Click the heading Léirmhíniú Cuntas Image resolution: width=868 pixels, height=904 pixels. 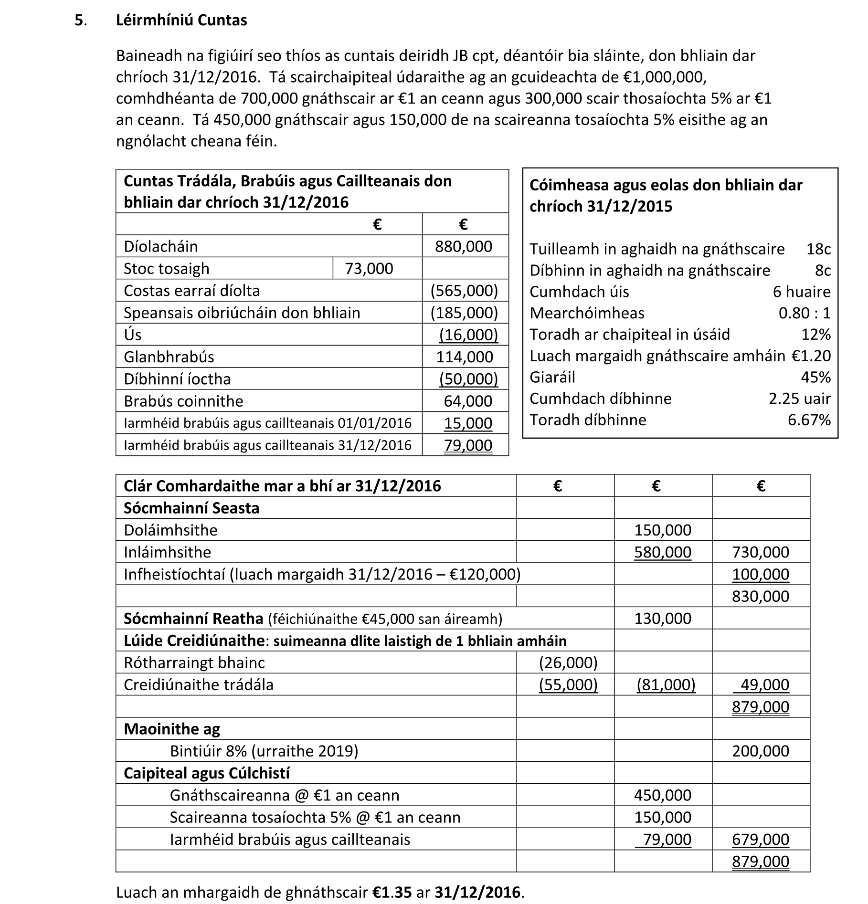pyautogui.click(x=181, y=21)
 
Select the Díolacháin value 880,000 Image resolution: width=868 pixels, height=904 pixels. pyautogui.click(x=463, y=246)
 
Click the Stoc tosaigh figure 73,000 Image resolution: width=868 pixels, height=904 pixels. pyautogui.click(x=369, y=269)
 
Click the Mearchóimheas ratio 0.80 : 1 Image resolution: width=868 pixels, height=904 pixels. pyautogui.click(x=804, y=313)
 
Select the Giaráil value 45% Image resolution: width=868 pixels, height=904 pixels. pyautogui.click(x=815, y=378)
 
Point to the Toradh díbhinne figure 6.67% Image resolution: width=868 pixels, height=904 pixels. pyautogui.click(x=809, y=420)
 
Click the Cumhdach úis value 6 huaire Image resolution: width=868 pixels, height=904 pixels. pyautogui.click(x=802, y=292)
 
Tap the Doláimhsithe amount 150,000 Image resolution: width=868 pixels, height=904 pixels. pyautogui.click(x=662, y=530)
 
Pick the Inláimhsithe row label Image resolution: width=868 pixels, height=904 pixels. pyautogui.click(x=167, y=552)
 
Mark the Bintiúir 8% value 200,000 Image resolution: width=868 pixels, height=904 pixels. pyautogui.click(x=760, y=751)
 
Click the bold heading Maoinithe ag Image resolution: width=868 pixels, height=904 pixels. pyautogui.click(x=172, y=729)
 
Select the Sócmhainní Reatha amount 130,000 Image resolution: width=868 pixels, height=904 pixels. pyautogui.click(x=662, y=619)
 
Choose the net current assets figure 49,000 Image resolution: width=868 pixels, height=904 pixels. pyautogui.click(x=764, y=685)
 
